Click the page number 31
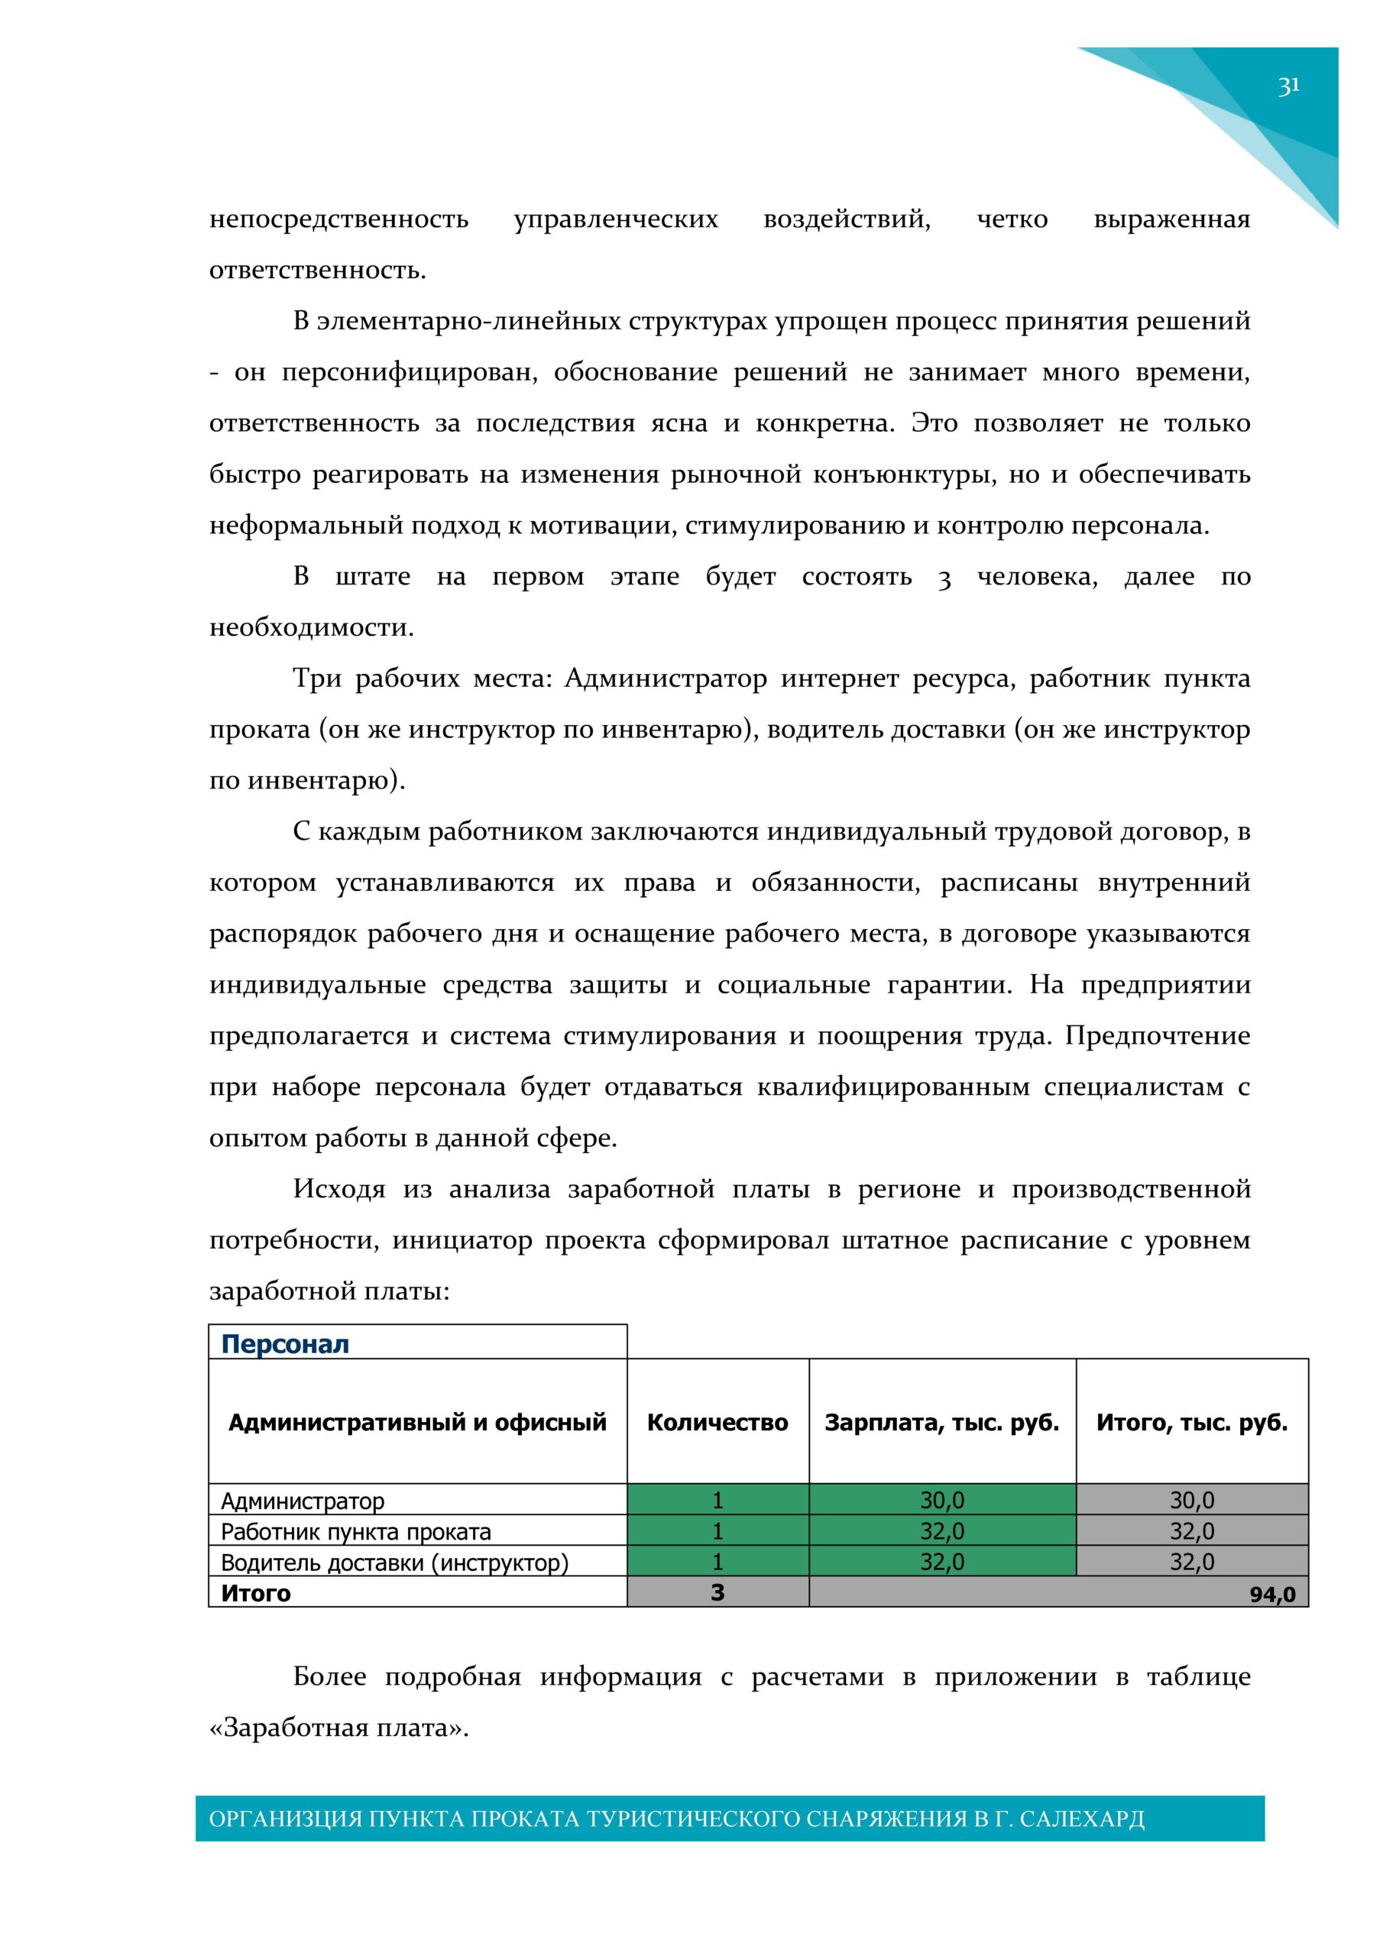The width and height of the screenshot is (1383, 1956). click(1287, 86)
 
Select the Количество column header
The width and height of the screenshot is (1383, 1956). click(717, 1422)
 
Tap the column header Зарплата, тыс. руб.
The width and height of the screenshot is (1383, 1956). click(941, 1422)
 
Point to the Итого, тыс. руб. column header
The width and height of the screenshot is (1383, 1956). click(1191, 1422)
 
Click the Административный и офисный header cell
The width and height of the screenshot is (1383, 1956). click(416, 1422)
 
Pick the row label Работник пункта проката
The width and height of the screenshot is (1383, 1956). click(355, 1531)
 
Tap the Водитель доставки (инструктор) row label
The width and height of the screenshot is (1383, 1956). click(394, 1563)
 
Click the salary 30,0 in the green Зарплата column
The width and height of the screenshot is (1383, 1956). click(941, 1499)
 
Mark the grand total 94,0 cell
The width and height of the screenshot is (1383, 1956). click(1271, 1594)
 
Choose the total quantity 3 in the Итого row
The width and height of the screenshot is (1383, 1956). click(717, 1592)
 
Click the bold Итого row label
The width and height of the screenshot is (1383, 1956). click(256, 1593)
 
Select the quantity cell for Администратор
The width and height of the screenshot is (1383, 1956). click(717, 1499)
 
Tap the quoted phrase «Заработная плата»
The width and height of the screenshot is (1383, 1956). click(338, 1728)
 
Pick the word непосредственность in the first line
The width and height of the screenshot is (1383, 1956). click(338, 220)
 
